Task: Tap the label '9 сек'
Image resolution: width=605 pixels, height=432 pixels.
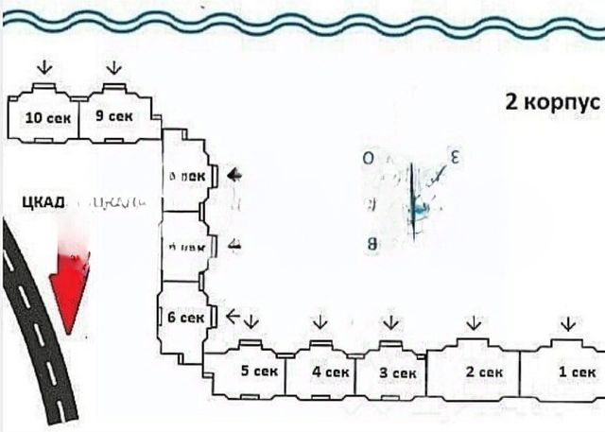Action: click(114, 116)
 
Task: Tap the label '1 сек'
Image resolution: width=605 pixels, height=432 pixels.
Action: click(575, 372)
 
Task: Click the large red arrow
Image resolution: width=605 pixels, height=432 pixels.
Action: click(73, 284)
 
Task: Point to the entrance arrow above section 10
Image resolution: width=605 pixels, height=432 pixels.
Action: click(43, 67)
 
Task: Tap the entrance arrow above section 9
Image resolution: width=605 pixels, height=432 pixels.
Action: click(114, 68)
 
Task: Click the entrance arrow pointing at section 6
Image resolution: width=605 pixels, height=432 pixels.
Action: click(234, 316)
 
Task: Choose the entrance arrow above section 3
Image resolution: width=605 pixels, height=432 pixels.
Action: click(388, 324)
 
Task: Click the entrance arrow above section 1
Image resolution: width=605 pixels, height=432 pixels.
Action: click(566, 324)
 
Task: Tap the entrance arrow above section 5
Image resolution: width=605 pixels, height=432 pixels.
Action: click(251, 324)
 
